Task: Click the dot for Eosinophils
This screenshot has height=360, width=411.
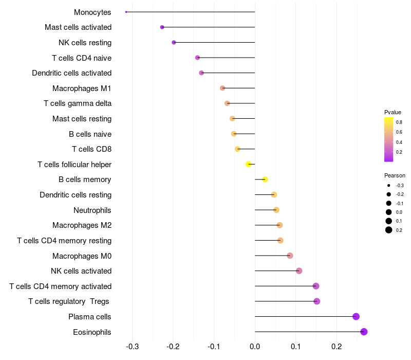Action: pos(364,332)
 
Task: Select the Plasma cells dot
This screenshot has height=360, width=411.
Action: pos(356,317)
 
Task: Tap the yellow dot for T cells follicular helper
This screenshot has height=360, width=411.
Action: pos(249,165)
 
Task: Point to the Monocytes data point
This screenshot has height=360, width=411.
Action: pos(126,12)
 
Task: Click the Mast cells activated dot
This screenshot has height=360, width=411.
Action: pos(162,27)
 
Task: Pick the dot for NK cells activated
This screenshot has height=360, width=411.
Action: pos(299,271)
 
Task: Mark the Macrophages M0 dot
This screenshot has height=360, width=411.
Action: pos(290,256)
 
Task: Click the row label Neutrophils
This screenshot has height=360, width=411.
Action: pos(92,210)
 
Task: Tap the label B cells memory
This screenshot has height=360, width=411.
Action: pos(85,179)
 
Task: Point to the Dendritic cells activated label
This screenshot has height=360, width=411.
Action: pos(71,73)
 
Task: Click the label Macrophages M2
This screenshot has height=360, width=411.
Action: pos(82,225)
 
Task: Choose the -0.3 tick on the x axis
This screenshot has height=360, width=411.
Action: pos(132,346)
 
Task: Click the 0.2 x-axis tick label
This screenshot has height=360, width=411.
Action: pos(337,346)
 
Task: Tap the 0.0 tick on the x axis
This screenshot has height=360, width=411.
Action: pos(255,346)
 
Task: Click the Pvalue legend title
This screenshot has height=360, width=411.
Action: pos(393,112)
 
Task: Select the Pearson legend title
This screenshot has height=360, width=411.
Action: pos(395,175)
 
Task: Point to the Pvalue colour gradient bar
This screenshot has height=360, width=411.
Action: pos(389,139)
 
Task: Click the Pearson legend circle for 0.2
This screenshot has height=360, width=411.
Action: pos(389,230)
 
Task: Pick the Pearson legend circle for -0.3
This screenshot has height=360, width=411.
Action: pos(389,185)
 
